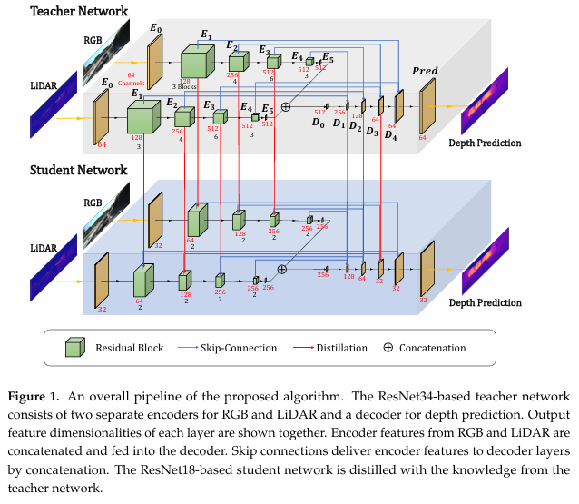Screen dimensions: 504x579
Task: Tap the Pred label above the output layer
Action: tap(425, 71)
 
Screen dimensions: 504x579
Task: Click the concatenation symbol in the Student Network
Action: tap(281, 269)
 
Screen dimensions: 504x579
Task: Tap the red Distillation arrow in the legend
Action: tap(307, 348)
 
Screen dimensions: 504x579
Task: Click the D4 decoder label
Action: tap(390, 135)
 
